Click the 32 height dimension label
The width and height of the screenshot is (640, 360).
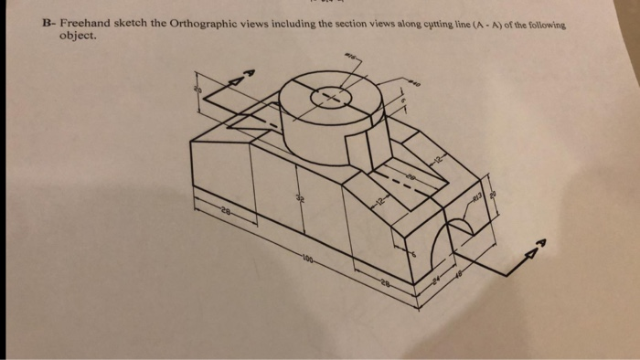click(x=296, y=200)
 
